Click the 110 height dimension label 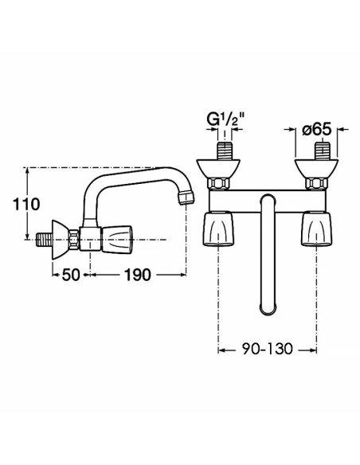click(26, 204)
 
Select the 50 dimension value click(71, 275)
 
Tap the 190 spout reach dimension click(137, 275)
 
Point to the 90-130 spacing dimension click(267, 349)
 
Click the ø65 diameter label click(316, 130)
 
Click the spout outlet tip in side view click(186, 198)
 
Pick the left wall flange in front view click(218, 169)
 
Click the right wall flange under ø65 click(316, 169)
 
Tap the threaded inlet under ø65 click(322, 151)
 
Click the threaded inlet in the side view click(45, 240)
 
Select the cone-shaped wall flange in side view click(61, 240)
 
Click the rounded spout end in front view click(268, 307)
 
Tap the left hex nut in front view click(220, 184)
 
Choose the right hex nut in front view click(317, 184)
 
